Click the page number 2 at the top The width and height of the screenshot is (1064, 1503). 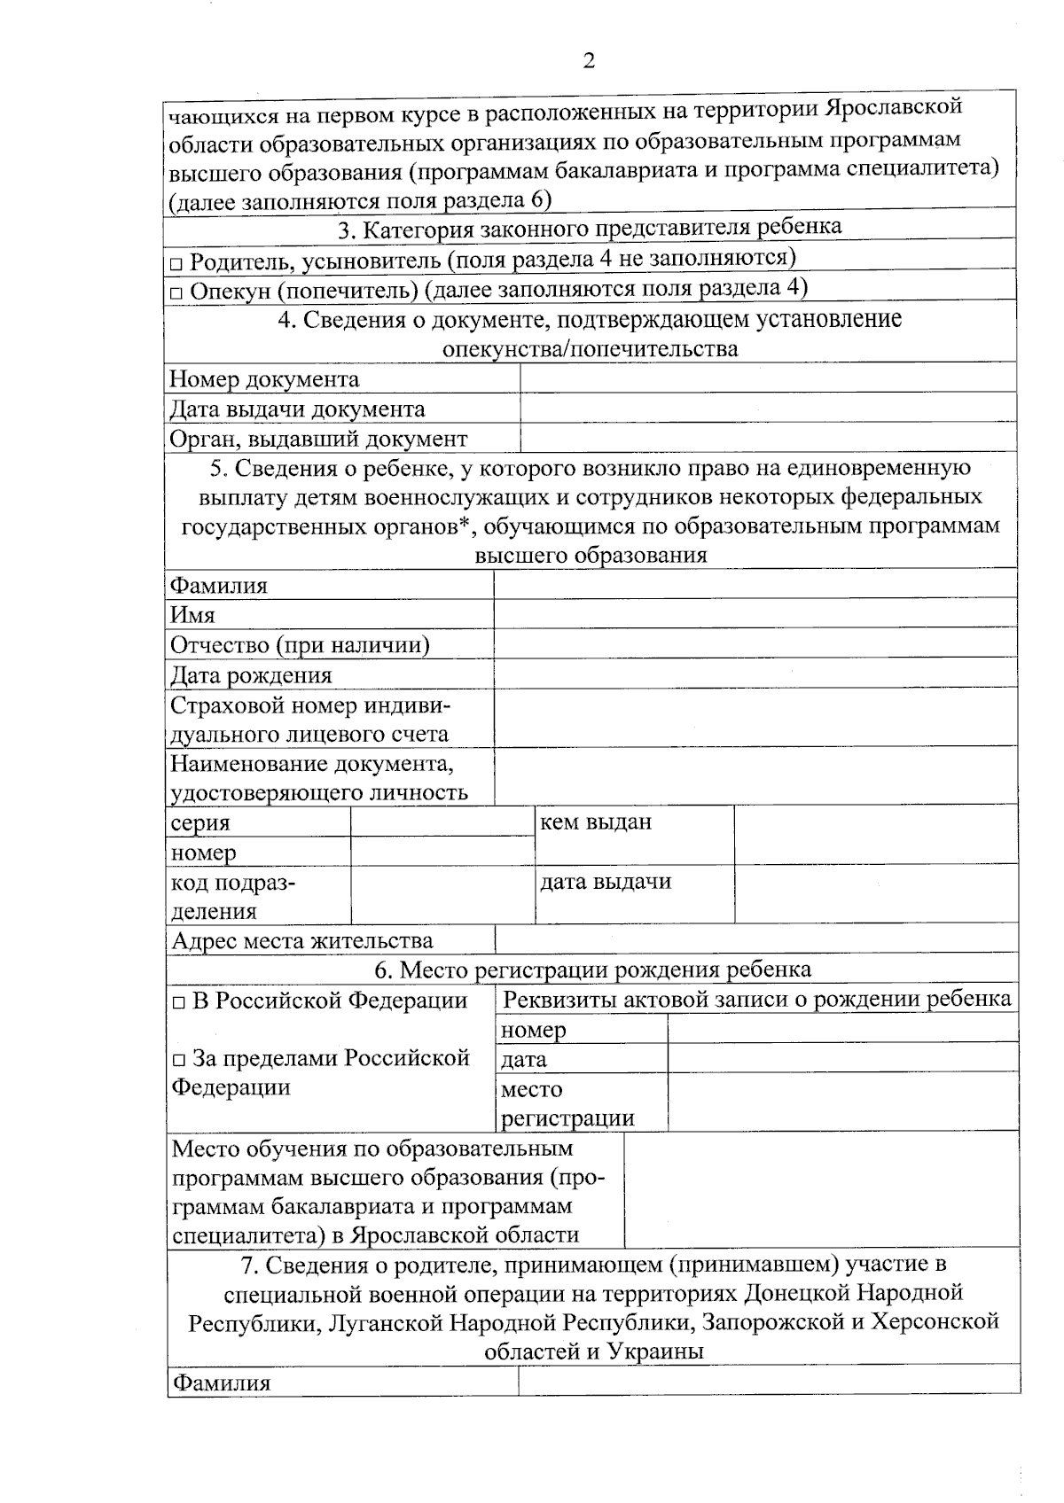pyautogui.click(x=588, y=60)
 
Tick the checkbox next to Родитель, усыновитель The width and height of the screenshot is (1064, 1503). pyautogui.click(x=176, y=263)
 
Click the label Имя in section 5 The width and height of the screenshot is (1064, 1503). pyautogui.click(x=192, y=615)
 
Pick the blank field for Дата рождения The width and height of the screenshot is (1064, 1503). pyautogui.click(x=754, y=674)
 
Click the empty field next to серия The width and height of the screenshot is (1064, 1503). pyautogui.click(x=441, y=822)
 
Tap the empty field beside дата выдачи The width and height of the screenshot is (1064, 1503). pyautogui.click(x=875, y=893)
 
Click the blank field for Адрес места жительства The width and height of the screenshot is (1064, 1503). pyautogui.click(x=754, y=940)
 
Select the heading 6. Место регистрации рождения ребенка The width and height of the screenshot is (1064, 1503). pyautogui.click(x=592, y=970)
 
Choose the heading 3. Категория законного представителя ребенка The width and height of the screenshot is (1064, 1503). pyautogui.click(x=590, y=228)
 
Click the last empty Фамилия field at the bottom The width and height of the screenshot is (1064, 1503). pyautogui.click(x=768, y=1382)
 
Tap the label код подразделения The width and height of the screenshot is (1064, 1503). pyautogui.click(x=232, y=896)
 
